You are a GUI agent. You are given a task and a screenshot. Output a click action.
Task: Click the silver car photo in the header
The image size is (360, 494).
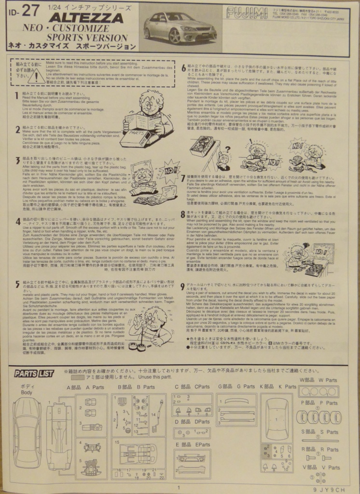(180, 27)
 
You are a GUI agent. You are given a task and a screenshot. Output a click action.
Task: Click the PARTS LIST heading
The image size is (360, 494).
(34, 373)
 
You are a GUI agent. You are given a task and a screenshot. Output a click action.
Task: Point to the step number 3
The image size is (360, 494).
(17, 160)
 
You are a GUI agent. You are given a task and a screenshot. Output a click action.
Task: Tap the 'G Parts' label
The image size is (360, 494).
(242, 386)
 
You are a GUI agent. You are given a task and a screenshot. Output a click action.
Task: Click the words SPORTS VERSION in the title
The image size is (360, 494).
(88, 38)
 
